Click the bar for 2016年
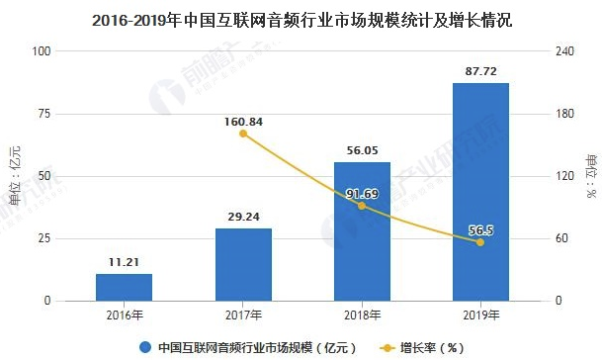(x=125, y=287)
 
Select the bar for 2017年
(x=243, y=264)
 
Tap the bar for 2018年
(x=362, y=230)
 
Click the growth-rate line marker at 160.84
(x=243, y=134)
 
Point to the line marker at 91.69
(x=362, y=206)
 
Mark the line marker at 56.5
(x=480, y=242)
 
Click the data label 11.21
(x=125, y=263)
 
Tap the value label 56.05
(x=362, y=151)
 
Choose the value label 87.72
(x=480, y=72)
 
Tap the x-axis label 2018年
(x=362, y=315)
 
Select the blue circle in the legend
(x=145, y=347)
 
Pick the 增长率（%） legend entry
(x=419, y=347)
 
